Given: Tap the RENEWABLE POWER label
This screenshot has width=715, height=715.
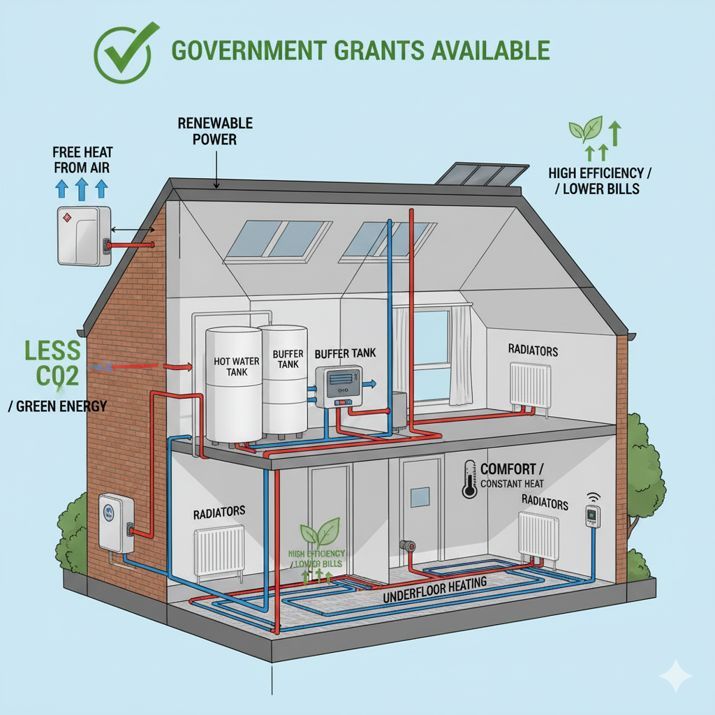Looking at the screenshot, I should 215,131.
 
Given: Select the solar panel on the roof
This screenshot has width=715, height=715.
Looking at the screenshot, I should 481,173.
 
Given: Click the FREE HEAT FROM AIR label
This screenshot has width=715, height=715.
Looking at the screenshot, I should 82,159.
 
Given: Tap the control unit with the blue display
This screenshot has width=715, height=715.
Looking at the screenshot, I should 339,387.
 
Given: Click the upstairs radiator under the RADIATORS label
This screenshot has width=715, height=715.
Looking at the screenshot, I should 531,384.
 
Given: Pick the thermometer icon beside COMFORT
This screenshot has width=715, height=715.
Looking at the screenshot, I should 469,479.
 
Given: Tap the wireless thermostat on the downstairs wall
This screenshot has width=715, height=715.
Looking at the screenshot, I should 593,517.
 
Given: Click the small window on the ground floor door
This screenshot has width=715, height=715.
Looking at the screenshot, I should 420,496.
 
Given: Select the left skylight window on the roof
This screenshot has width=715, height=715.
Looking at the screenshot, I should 279,239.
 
